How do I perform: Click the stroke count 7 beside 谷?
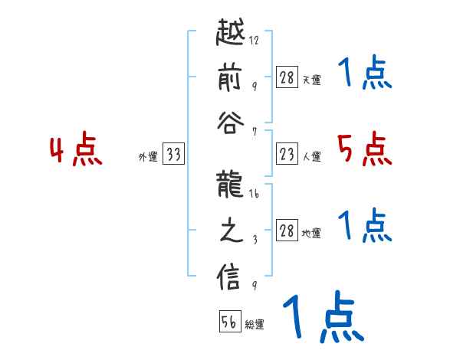pyautogui.click(x=255, y=130)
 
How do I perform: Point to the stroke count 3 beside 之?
pyautogui.click(x=255, y=238)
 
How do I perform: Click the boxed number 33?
pyautogui.click(x=174, y=155)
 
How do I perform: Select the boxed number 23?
pyautogui.click(x=287, y=155)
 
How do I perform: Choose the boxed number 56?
pyautogui.click(x=229, y=322)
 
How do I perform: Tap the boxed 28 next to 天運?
pyautogui.click(x=287, y=77)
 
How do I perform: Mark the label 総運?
pyautogui.click(x=255, y=325)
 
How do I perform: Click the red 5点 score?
pyautogui.click(x=364, y=149)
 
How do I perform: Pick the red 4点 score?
pyautogui.click(x=77, y=151)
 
